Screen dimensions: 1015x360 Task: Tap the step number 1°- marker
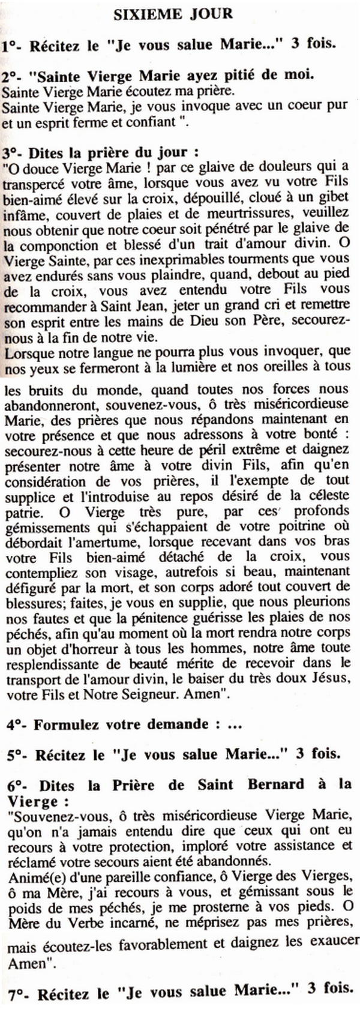(13, 45)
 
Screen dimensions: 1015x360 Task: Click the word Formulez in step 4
(66, 724)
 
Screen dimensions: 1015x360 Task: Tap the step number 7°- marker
(18, 993)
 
